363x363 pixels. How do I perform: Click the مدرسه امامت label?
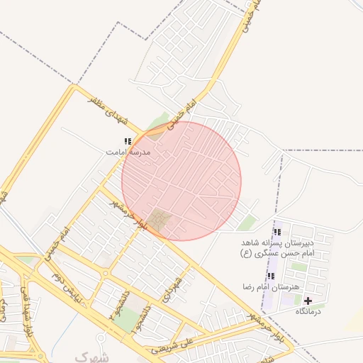(x=128, y=152)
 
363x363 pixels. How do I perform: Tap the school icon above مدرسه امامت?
(x=128, y=142)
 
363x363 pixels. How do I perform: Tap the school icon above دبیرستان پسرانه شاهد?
(x=278, y=232)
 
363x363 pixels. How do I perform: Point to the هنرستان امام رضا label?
(x=271, y=286)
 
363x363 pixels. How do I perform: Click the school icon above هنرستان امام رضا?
(x=271, y=276)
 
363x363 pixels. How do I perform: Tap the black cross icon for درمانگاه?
(x=308, y=301)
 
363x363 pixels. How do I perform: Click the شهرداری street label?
(x=175, y=289)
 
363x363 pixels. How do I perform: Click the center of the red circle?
(x=181, y=181)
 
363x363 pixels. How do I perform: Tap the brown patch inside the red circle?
(x=160, y=220)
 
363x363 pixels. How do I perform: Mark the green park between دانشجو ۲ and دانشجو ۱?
(x=128, y=320)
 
